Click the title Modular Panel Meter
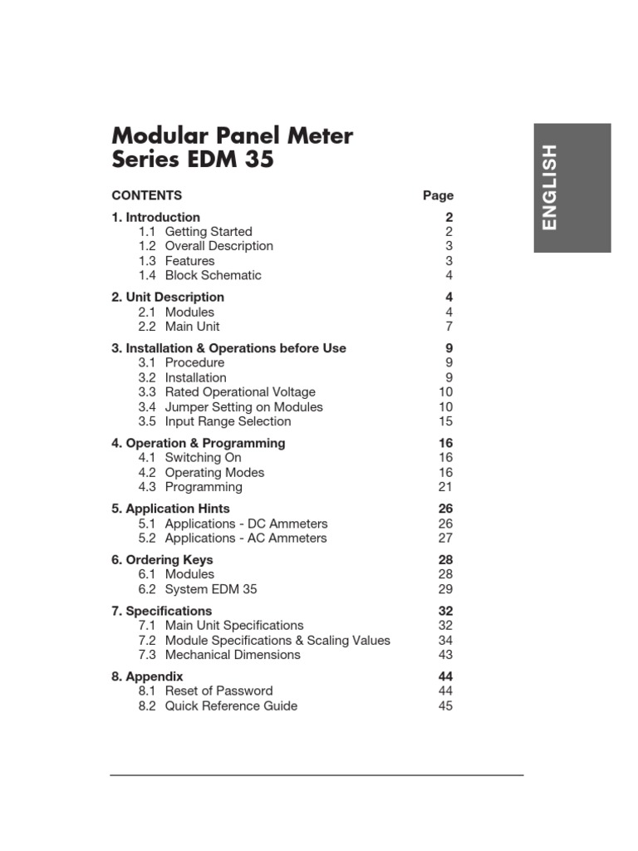pos(232,135)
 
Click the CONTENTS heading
pos(147,196)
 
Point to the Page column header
pos(438,196)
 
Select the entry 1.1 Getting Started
pos(195,232)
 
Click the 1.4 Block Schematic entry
pos(199,275)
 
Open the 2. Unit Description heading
pos(168,297)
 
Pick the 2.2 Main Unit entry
pos(179,327)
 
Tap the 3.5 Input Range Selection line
pos(214,421)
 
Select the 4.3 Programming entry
pos(190,487)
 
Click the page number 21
pos(445,487)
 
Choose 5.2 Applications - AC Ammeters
pos(233,538)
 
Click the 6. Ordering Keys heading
pos(162,559)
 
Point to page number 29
pos(445,589)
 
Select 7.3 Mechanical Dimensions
pos(219,655)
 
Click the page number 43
pos(445,655)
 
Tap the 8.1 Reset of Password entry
pos(205,691)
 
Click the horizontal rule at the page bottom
pos(317,775)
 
